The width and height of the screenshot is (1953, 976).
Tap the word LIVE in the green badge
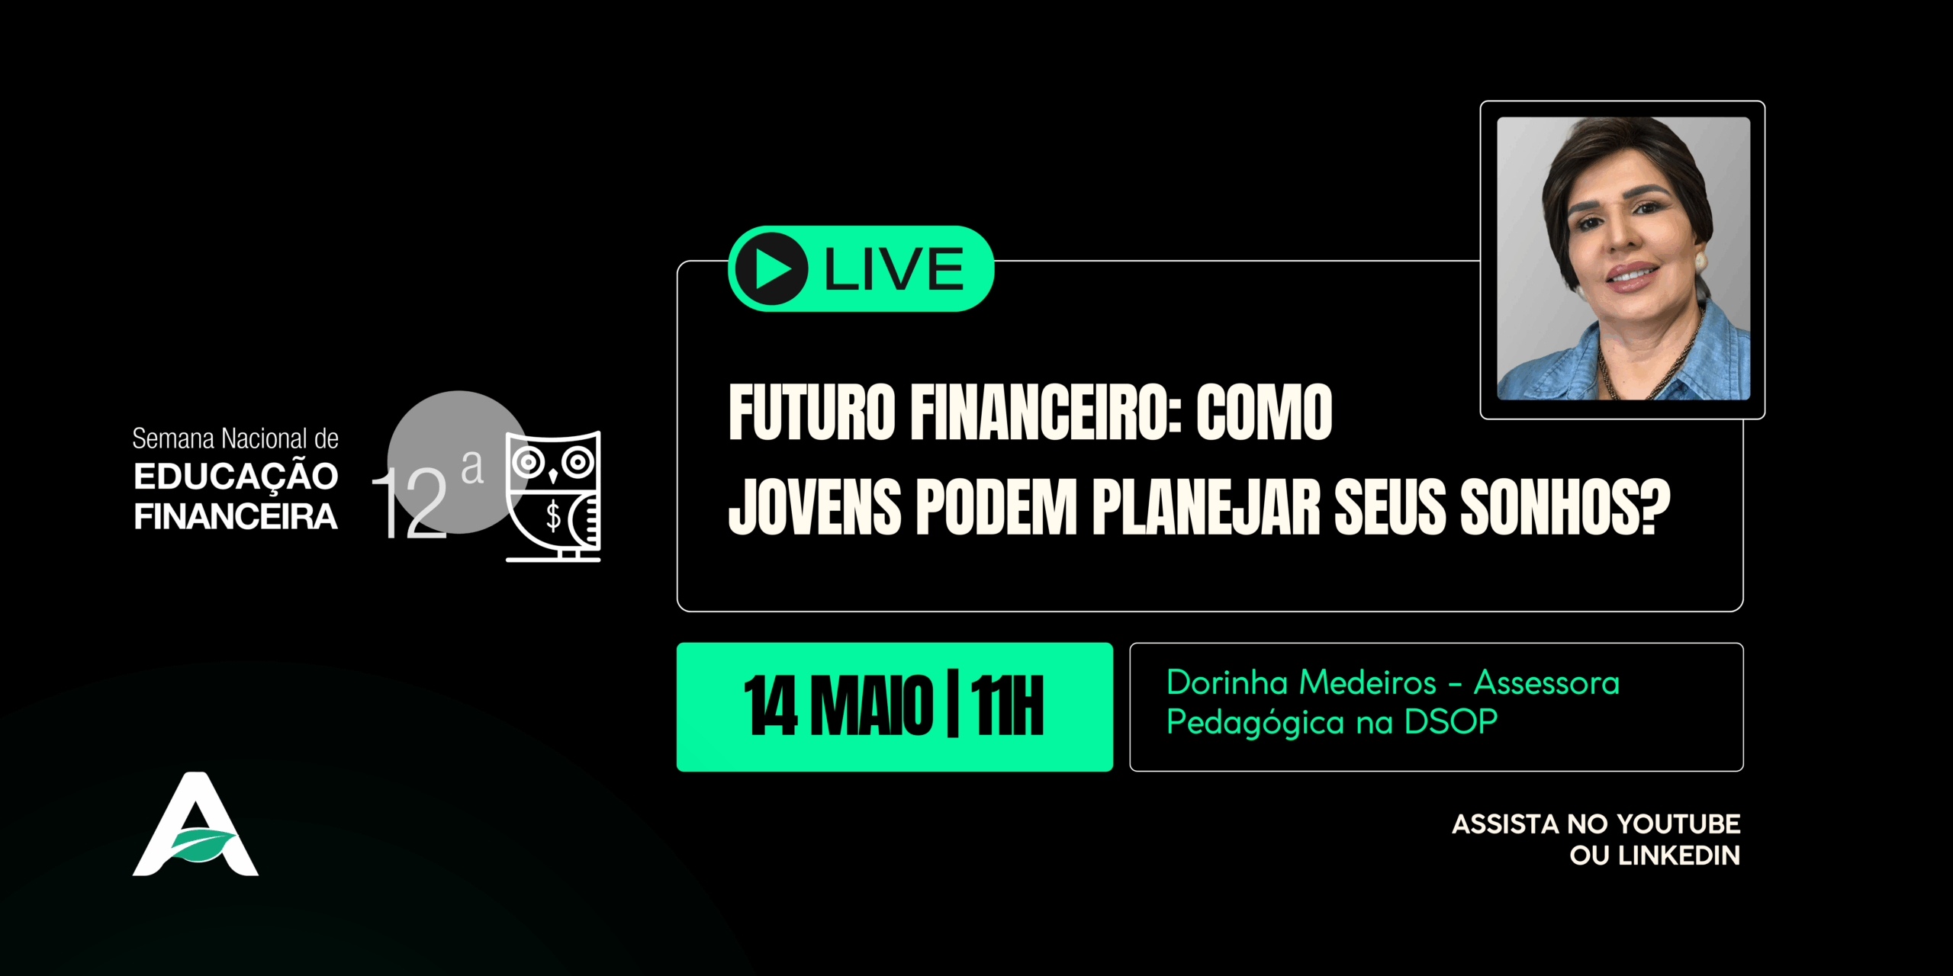894,269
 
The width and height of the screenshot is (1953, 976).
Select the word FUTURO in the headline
812,413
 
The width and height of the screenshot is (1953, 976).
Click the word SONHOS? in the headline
1565,507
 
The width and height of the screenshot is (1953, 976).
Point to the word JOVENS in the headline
815,507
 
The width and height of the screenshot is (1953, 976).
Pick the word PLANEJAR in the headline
1205,507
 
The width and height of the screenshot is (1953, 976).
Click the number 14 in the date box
771,706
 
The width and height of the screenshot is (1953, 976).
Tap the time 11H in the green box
1007,706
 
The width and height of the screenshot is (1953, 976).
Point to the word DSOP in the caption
1451,721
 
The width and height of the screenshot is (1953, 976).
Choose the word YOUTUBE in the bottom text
1678,824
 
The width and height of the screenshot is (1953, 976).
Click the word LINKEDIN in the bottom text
1679,856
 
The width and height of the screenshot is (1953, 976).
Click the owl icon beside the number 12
553,496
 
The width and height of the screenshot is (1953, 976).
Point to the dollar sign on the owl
553,515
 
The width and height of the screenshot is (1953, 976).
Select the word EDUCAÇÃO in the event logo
236,477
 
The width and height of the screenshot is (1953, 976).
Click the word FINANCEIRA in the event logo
236,517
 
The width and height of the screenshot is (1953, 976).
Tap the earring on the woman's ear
1700,260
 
